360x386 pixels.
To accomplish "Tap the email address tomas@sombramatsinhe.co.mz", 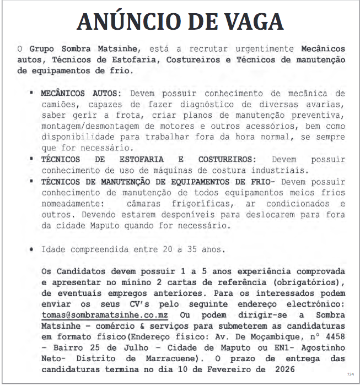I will point(105,315).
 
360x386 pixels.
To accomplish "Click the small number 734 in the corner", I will point(350,374).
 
